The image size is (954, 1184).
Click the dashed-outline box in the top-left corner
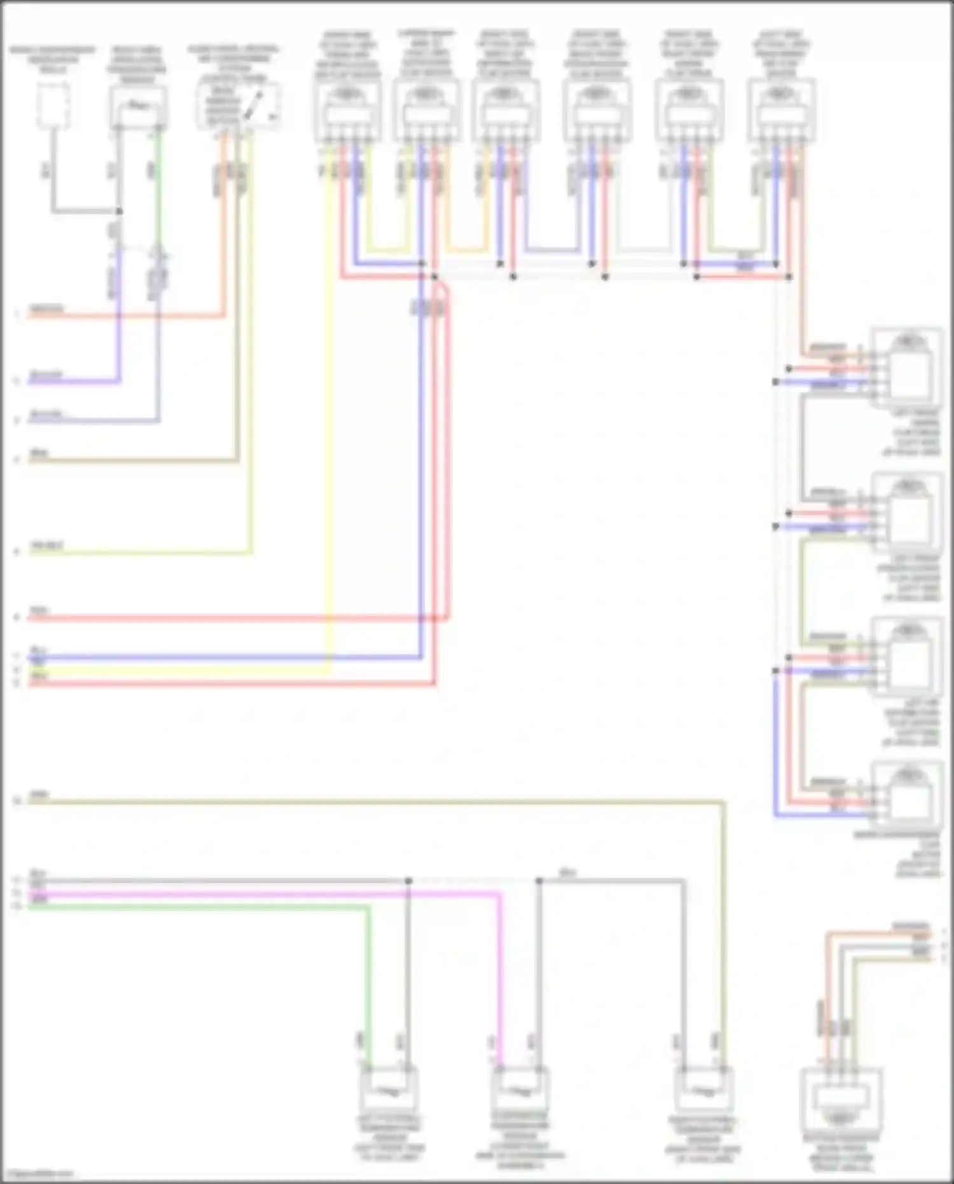tap(53, 106)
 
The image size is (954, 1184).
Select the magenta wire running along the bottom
tap(254, 894)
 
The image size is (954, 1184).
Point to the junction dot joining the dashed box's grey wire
tap(119, 211)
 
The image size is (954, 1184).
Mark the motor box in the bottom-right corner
tap(840, 1097)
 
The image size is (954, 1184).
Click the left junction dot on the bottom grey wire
tap(409, 881)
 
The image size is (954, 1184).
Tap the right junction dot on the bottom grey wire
tap(539, 881)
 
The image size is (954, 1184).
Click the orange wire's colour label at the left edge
tap(46, 310)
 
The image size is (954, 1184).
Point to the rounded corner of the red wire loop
tap(447, 289)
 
